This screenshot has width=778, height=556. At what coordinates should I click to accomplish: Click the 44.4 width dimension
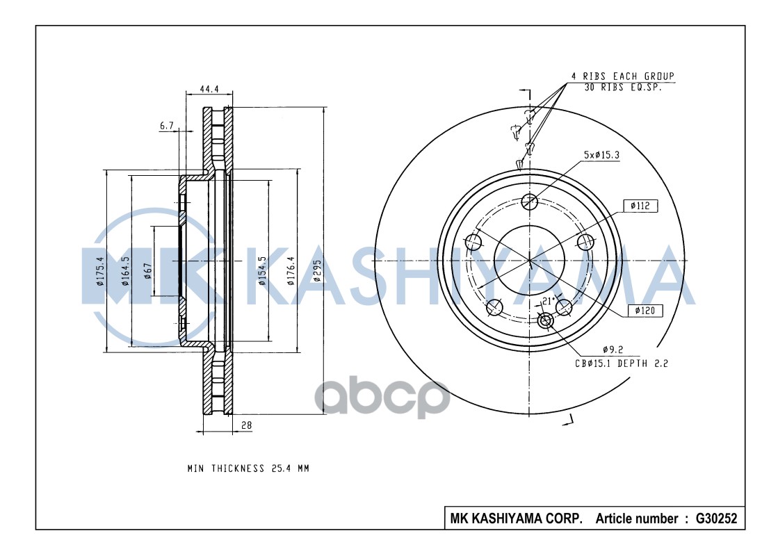pyautogui.click(x=209, y=89)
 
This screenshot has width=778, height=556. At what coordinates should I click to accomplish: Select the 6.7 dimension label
pyautogui.click(x=166, y=126)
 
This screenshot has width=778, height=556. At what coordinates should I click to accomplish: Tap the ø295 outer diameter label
pyautogui.click(x=316, y=274)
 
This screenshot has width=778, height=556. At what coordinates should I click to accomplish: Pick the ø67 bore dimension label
pyautogui.click(x=147, y=271)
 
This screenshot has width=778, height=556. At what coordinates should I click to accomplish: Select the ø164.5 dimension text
pyautogui.click(x=126, y=271)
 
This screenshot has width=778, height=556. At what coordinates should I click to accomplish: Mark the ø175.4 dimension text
pyautogui.click(x=100, y=271)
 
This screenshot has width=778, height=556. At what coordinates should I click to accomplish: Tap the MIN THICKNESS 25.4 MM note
pyautogui.click(x=248, y=468)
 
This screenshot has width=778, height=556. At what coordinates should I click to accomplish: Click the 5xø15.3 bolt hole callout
pyautogui.click(x=601, y=155)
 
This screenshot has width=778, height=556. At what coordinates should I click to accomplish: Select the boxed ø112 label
pyautogui.click(x=640, y=206)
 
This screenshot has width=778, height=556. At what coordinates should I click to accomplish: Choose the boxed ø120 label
pyautogui.click(x=645, y=311)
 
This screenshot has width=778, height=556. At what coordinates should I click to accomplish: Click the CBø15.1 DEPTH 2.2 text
pyautogui.click(x=621, y=363)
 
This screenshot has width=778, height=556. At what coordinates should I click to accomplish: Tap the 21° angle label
pyautogui.click(x=547, y=301)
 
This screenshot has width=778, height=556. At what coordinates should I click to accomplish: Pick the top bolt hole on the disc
pyautogui.click(x=530, y=202)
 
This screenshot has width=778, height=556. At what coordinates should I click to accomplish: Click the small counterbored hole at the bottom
pyautogui.click(x=545, y=320)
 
